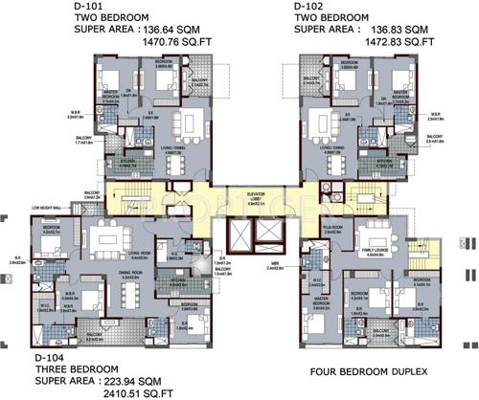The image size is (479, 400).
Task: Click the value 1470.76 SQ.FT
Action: coord(120,43)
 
